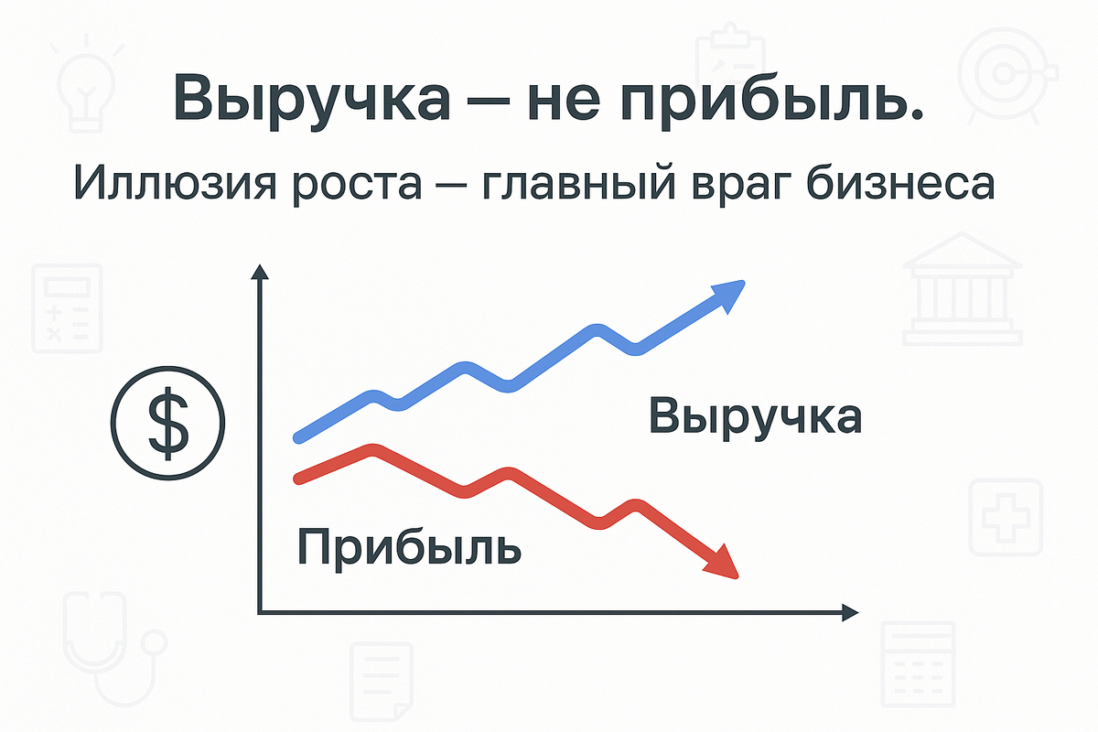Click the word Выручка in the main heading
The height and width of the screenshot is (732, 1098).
(310, 99)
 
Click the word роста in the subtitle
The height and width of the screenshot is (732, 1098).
(366, 186)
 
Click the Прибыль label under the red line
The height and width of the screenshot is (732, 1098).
(409, 547)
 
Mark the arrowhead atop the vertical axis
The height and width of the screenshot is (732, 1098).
(261, 272)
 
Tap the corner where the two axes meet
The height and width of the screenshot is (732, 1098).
(262, 611)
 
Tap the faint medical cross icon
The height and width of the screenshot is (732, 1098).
(1006, 516)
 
